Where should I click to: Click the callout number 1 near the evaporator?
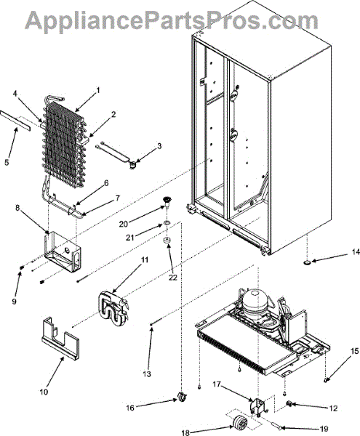(x=97, y=90)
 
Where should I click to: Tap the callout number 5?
(x=7, y=162)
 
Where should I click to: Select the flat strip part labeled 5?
(x=15, y=121)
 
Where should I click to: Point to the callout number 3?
(x=159, y=146)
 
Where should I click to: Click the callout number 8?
(x=17, y=209)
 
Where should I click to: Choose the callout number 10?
(x=44, y=392)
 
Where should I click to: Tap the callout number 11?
(x=145, y=260)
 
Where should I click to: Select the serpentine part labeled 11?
(x=113, y=308)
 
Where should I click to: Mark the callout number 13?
(x=147, y=374)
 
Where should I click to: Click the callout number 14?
(x=356, y=252)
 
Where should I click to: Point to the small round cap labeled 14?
(x=308, y=262)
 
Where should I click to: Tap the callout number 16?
(x=130, y=408)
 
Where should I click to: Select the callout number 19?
(x=324, y=429)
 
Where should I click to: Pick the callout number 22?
(x=173, y=278)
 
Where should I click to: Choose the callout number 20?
(x=124, y=224)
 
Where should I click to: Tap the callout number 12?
(x=333, y=408)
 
